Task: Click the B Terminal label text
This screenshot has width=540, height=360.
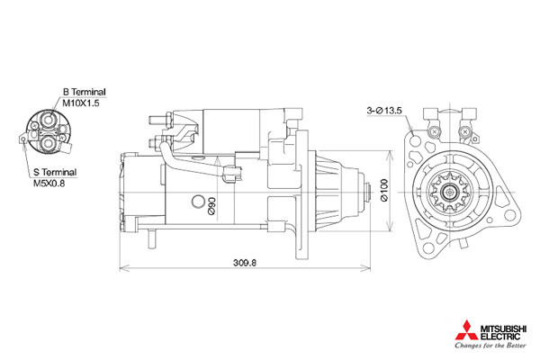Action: [84, 92]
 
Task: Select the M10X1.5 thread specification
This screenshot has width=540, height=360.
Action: [81, 103]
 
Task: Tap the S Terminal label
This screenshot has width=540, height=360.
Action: [55, 172]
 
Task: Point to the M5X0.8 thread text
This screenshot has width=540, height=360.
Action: [49, 183]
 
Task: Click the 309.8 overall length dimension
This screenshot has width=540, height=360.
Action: [245, 263]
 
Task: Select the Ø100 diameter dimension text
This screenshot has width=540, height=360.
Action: [384, 190]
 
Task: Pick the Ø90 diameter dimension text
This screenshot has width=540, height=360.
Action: [211, 206]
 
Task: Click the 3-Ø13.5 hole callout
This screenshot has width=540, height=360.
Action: [384, 111]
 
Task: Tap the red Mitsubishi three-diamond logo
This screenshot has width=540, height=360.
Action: [466, 330]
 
